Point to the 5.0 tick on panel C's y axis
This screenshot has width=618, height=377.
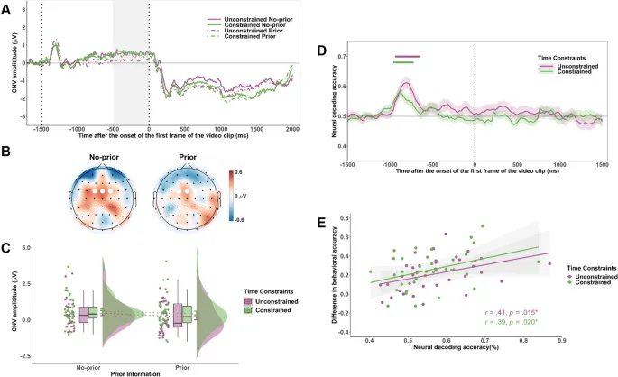(28, 246)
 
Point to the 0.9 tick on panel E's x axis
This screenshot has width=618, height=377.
(561, 340)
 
